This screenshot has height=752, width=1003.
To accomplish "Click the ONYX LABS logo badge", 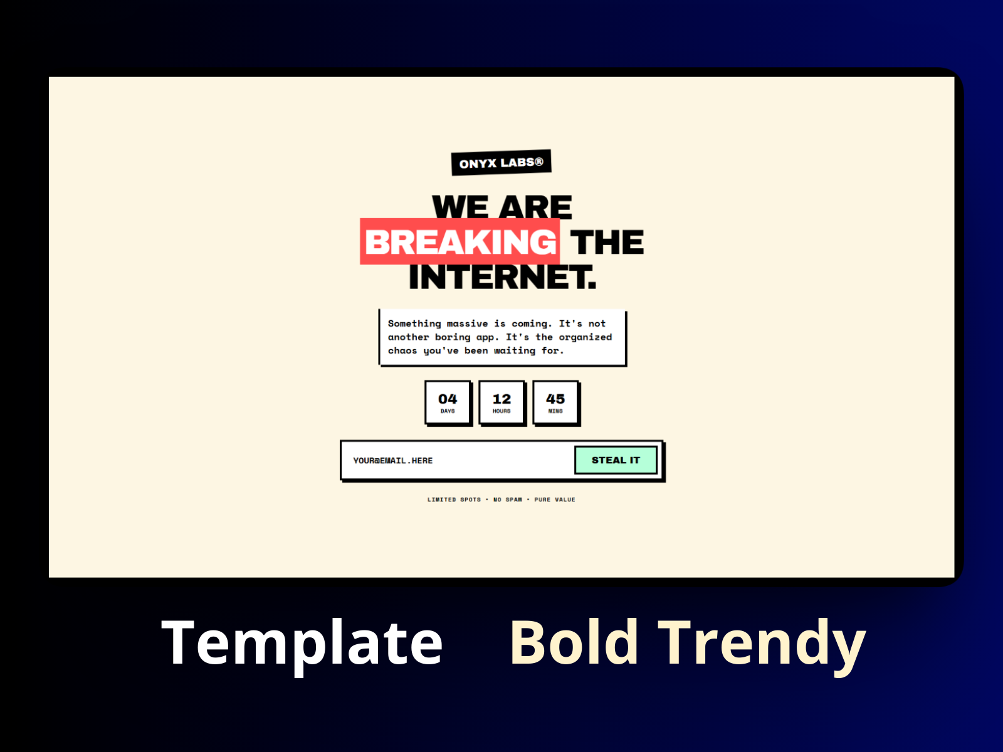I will point(501,163).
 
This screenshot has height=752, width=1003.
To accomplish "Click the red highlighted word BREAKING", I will point(460,242).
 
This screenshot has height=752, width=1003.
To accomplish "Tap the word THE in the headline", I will point(607,242).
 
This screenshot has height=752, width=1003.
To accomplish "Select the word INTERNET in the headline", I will point(501,277).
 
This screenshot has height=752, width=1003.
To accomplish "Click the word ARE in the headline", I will point(535,207).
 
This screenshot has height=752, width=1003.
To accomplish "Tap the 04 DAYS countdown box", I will point(448,402).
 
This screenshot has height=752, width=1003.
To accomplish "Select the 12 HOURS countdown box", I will point(501,402).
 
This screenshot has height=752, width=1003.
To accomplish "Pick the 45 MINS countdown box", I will point(555,402).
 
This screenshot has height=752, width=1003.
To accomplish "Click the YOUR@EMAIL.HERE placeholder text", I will point(393,461).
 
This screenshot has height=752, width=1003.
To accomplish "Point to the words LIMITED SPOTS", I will point(454,499).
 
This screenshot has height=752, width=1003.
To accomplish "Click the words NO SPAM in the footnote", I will point(507,499).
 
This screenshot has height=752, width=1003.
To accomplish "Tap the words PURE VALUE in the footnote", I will point(554,499).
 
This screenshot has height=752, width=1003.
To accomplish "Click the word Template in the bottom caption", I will point(302,643).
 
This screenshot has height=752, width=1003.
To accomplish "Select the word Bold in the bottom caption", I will point(574,643).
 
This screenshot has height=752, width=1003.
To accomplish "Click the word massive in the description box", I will point(467,323).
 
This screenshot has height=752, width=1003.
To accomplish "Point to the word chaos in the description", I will point(402,350).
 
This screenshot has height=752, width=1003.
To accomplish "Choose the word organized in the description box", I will point(586,337).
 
